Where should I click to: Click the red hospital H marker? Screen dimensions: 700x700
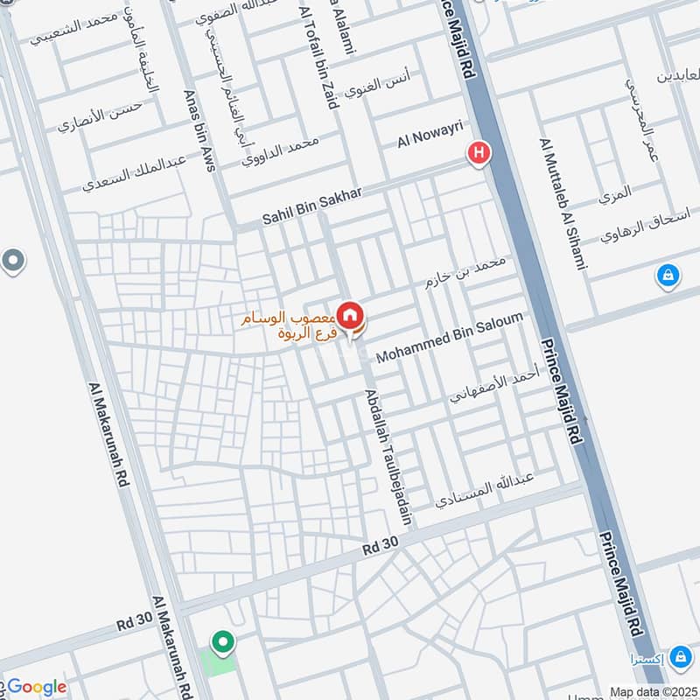click(x=479, y=154)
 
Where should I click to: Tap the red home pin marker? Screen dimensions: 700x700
click(x=350, y=315)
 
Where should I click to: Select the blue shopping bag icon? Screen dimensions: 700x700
click(x=668, y=276)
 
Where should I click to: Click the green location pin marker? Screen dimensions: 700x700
click(x=223, y=644)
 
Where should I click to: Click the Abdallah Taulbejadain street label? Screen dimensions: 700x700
click(x=389, y=456)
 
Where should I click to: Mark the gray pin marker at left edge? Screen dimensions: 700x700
click(x=12, y=261)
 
